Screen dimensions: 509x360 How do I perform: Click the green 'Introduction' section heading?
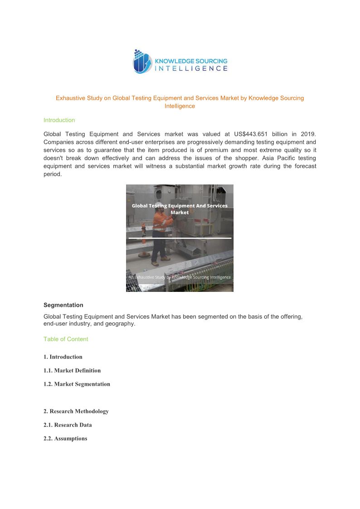click(59, 120)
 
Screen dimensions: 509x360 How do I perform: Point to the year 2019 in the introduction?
click(307, 134)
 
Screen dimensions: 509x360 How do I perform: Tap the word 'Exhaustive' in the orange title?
click(69, 98)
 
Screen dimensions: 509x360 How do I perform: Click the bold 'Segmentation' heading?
click(63, 305)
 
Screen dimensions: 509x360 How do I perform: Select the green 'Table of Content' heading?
click(66, 339)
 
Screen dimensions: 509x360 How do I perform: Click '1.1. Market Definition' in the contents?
click(72, 370)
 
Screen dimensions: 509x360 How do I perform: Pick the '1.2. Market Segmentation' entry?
click(77, 384)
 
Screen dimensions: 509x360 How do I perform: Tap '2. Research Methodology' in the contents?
click(76, 411)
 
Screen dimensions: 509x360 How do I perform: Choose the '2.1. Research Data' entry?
click(68, 425)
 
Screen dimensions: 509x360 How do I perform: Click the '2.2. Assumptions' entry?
click(65, 438)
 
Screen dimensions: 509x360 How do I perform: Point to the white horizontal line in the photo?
click(180, 238)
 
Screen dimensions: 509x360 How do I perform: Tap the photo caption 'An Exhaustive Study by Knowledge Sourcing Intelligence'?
click(180, 277)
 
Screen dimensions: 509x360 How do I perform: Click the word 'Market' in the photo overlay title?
click(180, 213)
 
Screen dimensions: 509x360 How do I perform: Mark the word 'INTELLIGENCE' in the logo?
click(191, 68)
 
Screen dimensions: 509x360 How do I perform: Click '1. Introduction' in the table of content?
click(63, 357)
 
